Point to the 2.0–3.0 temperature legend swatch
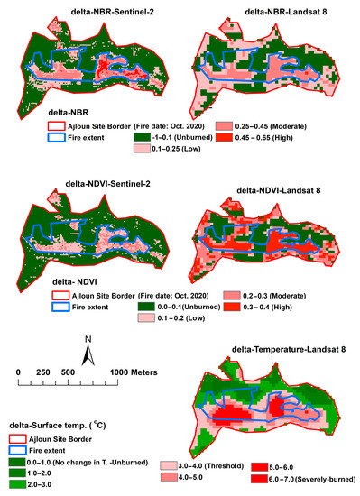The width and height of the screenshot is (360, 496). click(19, 483)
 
